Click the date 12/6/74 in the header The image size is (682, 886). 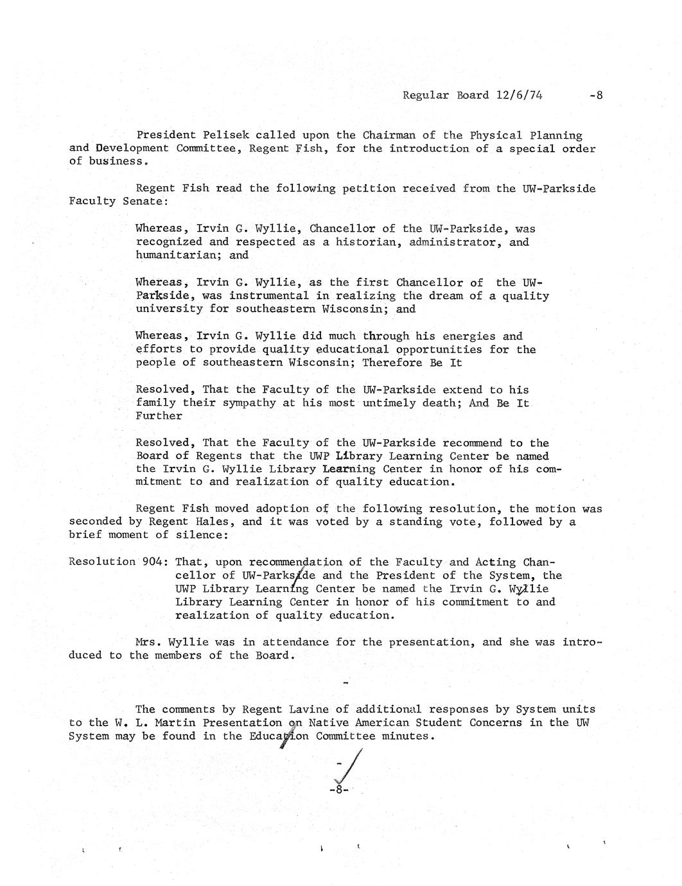click(x=519, y=95)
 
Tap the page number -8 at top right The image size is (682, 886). click(x=596, y=95)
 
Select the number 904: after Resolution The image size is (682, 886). click(x=153, y=562)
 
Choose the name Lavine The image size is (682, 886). click(x=309, y=709)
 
